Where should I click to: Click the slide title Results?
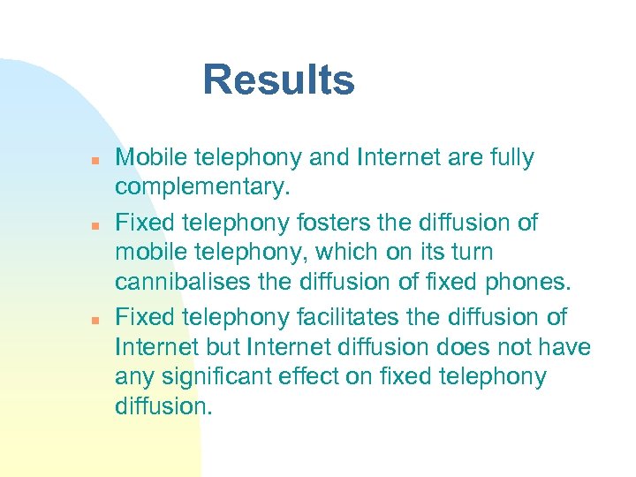[x=278, y=79]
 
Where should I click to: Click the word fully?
[x=507, y=158]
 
